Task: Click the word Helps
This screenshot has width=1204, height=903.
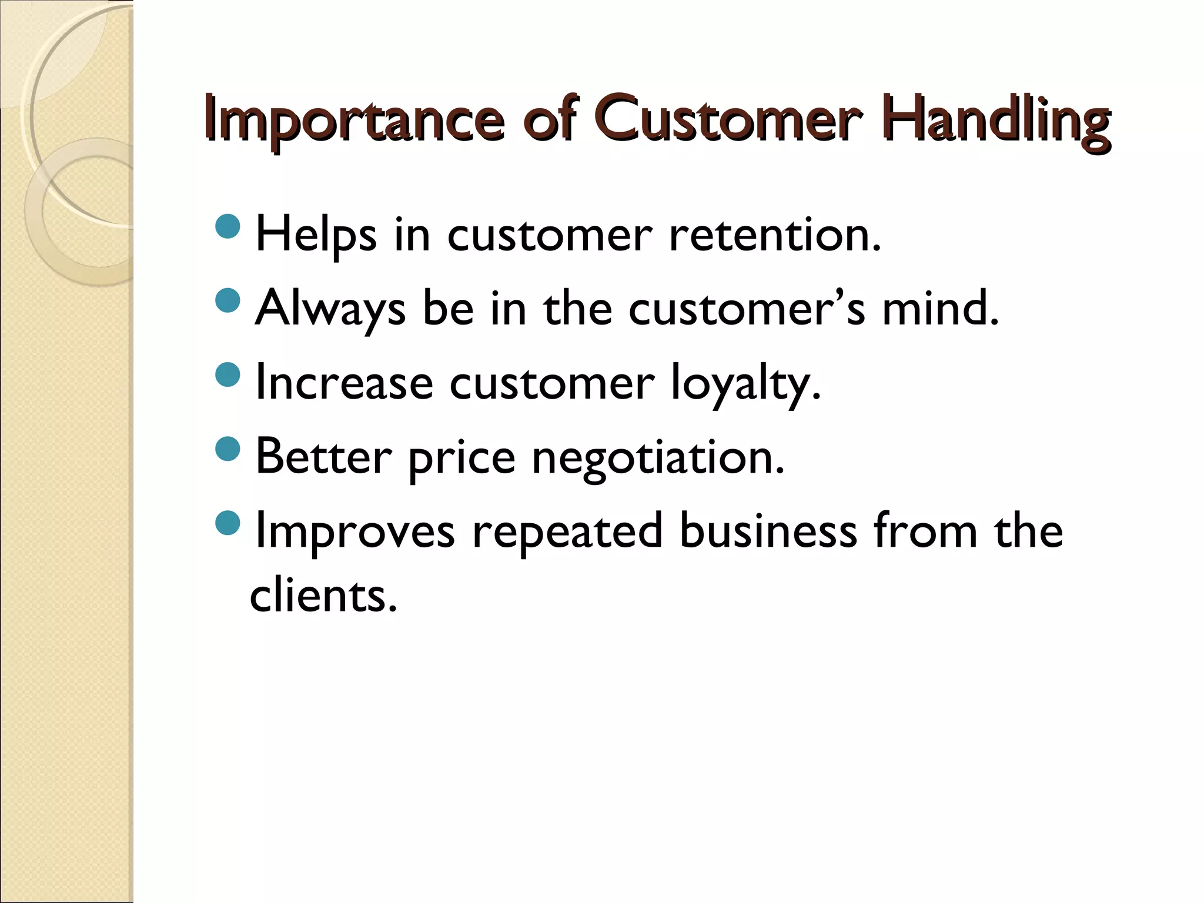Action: click(316, 236)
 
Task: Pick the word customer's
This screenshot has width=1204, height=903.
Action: click(747, 310)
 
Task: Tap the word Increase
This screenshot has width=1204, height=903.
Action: click(344, 383)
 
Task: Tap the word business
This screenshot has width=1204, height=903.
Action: click(768, 531)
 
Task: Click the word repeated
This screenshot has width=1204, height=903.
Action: click(567, 532)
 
